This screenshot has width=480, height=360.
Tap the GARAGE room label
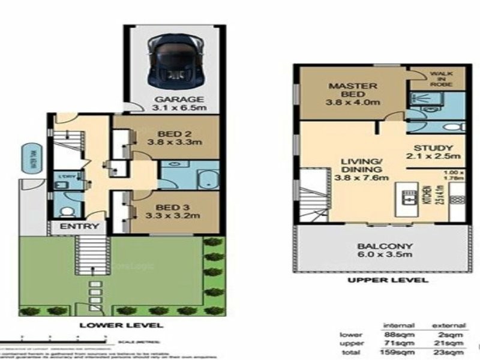click(173, 100)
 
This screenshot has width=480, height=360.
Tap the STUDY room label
click(432, 147)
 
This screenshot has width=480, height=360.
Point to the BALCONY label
click(377, 245)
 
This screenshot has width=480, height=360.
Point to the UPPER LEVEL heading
click(387, 280)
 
